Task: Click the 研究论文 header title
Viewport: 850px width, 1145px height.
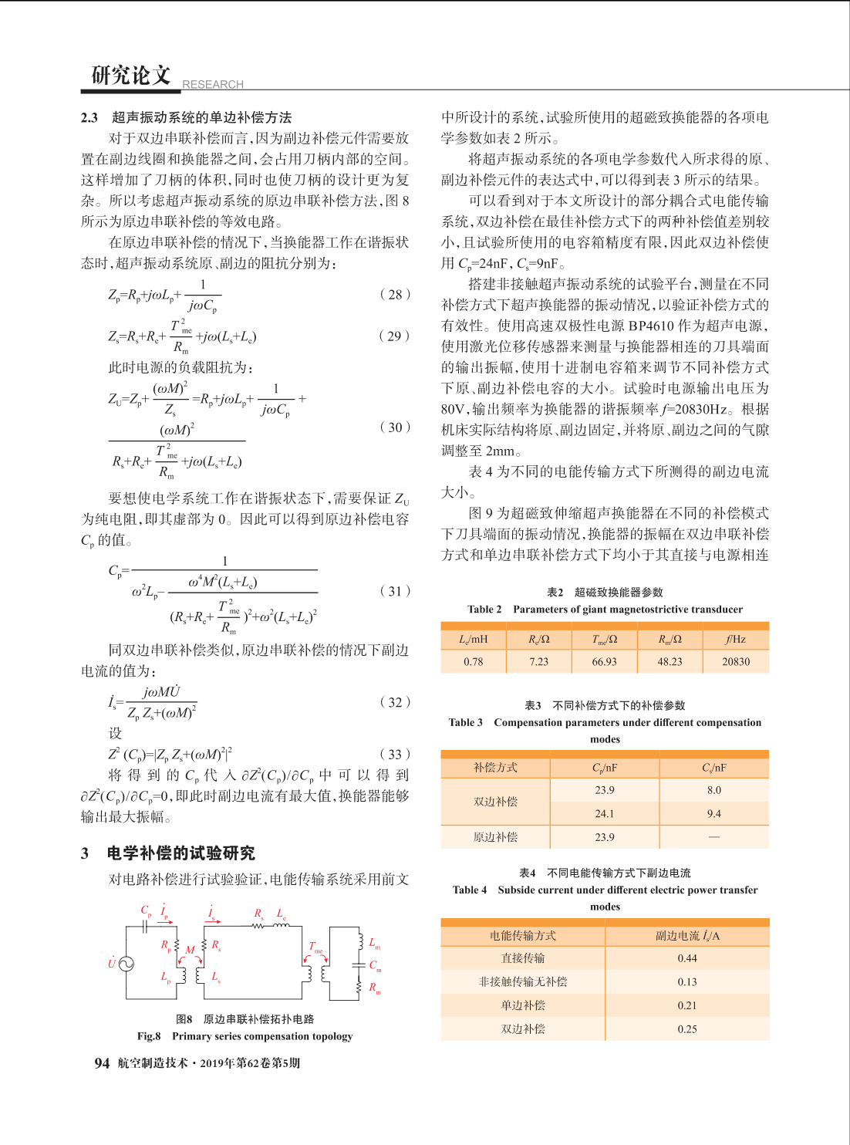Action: point(130,75)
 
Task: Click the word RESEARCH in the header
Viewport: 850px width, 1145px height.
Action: point(212,84)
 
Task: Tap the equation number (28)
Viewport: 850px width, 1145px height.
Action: point(395,294)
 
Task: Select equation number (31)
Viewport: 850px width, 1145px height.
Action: point(395,591)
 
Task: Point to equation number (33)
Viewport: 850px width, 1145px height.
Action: point(395,754)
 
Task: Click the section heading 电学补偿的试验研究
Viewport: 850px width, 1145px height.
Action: point(180,853)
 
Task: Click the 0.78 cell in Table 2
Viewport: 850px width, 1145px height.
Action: point(473,662)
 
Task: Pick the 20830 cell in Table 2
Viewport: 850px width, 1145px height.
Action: point(735,662)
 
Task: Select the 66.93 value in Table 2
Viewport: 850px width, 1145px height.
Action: point(604,662)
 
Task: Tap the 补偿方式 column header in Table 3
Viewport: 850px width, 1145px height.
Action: point(495,768)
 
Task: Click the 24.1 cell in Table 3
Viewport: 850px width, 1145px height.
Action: point(605,814)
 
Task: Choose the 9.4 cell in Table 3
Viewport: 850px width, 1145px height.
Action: point(714,814)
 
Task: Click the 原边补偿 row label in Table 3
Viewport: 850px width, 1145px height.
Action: point(495,837)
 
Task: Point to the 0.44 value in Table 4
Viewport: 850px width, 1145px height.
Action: point(687,958)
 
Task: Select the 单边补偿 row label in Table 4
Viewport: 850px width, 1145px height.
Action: point(523,1005)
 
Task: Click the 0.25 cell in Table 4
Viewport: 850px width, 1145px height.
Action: point(687,1029)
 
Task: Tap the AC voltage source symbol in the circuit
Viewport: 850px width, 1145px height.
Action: point(126,964)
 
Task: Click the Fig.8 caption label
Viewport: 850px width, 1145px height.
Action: point(149,1036)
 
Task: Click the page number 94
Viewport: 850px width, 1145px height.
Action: point(102,1063)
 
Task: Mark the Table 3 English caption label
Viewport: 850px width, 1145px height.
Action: point(465,723)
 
